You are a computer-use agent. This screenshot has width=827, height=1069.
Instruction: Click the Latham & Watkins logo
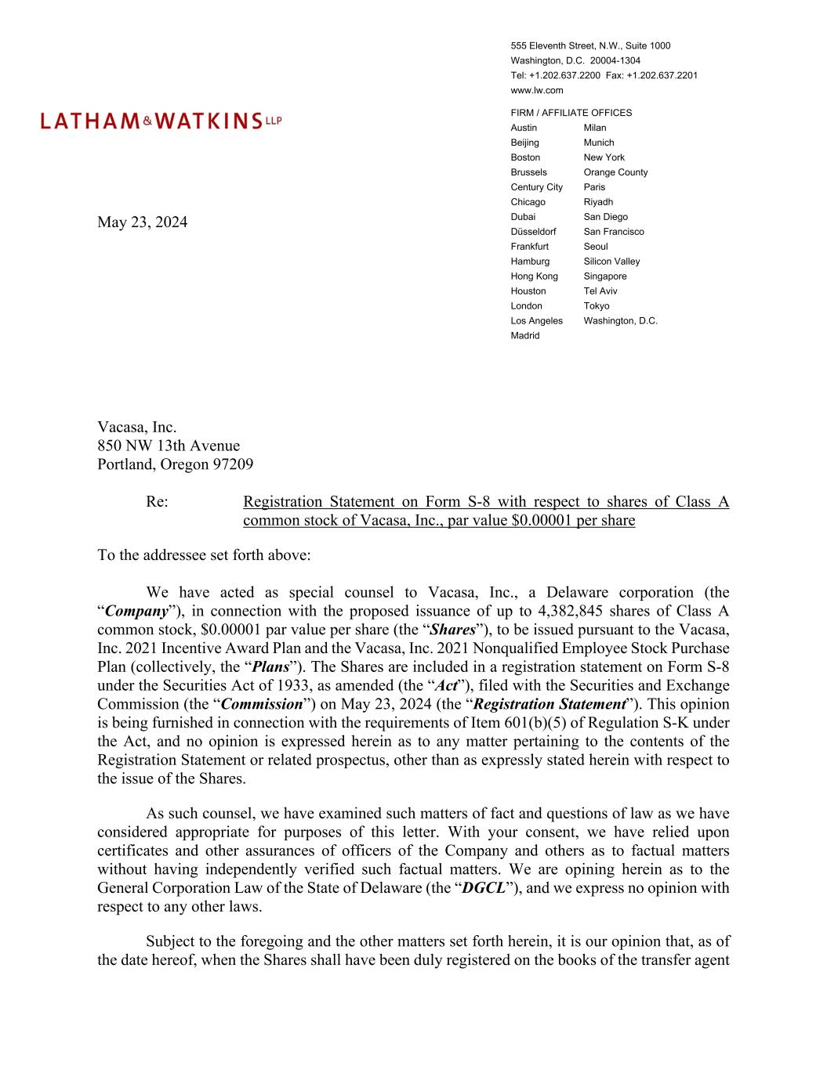pos(161,121)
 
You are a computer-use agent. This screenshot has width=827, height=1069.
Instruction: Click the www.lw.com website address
pos(536,90)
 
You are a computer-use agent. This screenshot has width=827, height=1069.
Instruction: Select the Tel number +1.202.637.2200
pos(564,75)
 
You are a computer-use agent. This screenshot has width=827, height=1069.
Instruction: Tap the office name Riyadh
pos(598,202)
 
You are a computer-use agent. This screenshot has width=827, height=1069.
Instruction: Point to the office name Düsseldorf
pos(533,232)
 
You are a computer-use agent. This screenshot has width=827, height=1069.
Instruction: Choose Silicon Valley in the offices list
pos(611,262)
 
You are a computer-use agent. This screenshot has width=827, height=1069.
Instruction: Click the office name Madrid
pos(524,336)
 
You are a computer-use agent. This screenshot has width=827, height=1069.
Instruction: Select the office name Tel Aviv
pos(600,291)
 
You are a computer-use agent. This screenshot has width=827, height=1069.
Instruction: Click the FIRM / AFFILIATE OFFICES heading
pos(571,113)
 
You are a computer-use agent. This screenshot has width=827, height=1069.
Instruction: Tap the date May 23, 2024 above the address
pos(142,222)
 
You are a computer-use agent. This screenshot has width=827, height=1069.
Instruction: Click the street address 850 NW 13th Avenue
pos(169,446)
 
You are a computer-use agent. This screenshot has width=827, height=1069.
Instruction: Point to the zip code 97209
pos(233,464)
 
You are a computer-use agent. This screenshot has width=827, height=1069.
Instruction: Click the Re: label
pos(157,502)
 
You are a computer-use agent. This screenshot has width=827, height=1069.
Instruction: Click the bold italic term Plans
pos(267,666)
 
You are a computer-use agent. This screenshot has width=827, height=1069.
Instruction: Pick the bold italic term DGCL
pos(483,888)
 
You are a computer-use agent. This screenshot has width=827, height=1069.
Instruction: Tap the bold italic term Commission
pos(262,704)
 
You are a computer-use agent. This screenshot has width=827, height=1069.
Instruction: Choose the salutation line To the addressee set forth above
pos(204,555)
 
